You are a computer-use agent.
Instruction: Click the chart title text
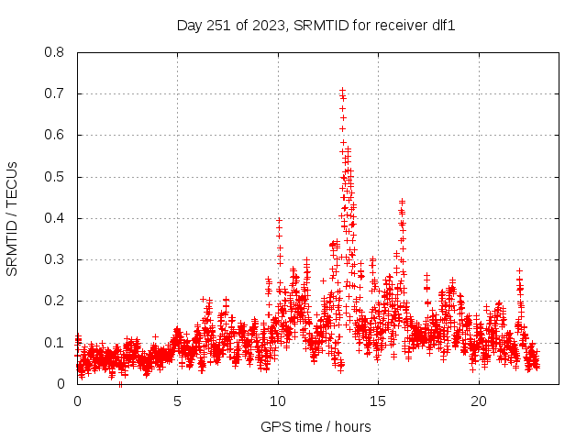click(x=316, y=26)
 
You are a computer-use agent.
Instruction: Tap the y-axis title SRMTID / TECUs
click(x=12, y=218)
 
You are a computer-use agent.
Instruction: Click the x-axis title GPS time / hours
click(x=316, y=426)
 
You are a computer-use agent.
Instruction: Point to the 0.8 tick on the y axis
click(x=55, y=52)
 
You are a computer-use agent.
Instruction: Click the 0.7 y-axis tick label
click(x=55, y=93)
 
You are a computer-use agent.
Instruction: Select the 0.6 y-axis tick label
click(x=55, y=135)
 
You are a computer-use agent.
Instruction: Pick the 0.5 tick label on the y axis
click(x=55, y=177)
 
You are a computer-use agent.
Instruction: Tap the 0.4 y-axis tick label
click(x=55, y=218)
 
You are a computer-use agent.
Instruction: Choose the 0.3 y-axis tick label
click(x=55, y=259)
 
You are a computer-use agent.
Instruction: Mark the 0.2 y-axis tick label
click(x=55, y=301)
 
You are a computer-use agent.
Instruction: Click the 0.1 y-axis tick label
click(x=55, y=343)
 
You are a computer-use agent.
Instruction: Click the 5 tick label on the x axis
click(x=177, y=401)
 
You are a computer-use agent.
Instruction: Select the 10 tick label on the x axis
click(x=278, y=401)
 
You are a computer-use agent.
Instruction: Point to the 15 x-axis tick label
click(x=378, y=401)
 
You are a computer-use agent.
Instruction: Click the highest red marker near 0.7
click(x=342, y=90)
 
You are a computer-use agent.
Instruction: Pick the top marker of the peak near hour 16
click(x=402, y=201)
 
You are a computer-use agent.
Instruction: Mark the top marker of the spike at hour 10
click(x=279, y=220)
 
